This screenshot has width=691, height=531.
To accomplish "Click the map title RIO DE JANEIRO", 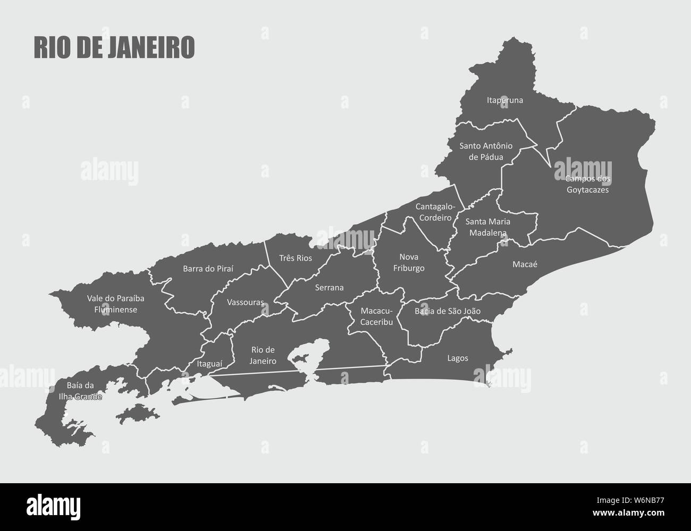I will tap(114, 47).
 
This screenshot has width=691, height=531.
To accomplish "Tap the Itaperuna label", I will tap(504, 100).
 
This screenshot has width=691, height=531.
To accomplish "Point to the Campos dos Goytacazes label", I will tap(587, 184).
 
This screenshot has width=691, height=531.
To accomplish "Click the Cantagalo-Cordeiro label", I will tap(434, 211).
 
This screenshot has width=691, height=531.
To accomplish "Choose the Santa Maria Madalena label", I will tap(487, 226).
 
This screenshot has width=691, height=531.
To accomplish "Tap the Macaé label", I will tap(525, 264).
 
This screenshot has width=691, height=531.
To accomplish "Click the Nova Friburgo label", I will tap(409, 262).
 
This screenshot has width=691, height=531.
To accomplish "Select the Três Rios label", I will tap(296, 258).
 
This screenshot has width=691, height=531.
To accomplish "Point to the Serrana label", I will tap(329, 288).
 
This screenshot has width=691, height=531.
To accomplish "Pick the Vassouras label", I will tap(245, 302).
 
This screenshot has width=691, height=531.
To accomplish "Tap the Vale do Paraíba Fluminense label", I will tap(115, 304).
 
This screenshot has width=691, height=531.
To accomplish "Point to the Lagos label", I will tap(458, 358).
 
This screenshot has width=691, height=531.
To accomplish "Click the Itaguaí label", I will tap(209, 364).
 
